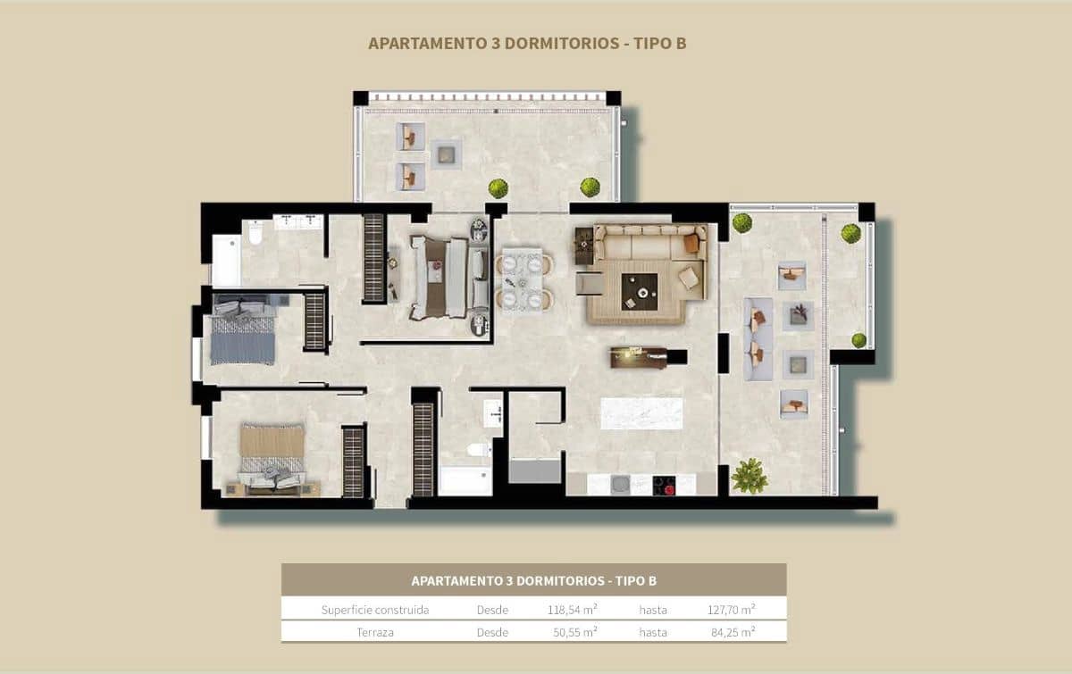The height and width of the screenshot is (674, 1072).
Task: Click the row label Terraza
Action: (x=374, y=632)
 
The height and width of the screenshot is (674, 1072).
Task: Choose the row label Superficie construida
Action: (x=374, y=610)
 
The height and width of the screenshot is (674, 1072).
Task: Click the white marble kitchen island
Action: (x=641, y=413)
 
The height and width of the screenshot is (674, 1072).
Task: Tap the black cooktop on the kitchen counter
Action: (x=664, y=485)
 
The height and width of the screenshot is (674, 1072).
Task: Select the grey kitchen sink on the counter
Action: (x=620, y=485)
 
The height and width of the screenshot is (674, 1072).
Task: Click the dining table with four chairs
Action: (x=523, y=279)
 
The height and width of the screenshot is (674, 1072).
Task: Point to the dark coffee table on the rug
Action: (x=639, y=291)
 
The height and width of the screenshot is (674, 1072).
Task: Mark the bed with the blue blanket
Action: (x=242, y=332)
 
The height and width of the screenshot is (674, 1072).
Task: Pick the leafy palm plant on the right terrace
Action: (x=749, y=477)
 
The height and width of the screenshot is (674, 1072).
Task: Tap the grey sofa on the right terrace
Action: (x=758, y=338)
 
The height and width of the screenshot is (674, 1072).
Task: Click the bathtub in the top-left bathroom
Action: (x=226, y=260)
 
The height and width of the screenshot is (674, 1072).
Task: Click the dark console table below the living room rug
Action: (x=640, y=357)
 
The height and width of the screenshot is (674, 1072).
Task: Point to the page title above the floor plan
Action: (x=527, y=44)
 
